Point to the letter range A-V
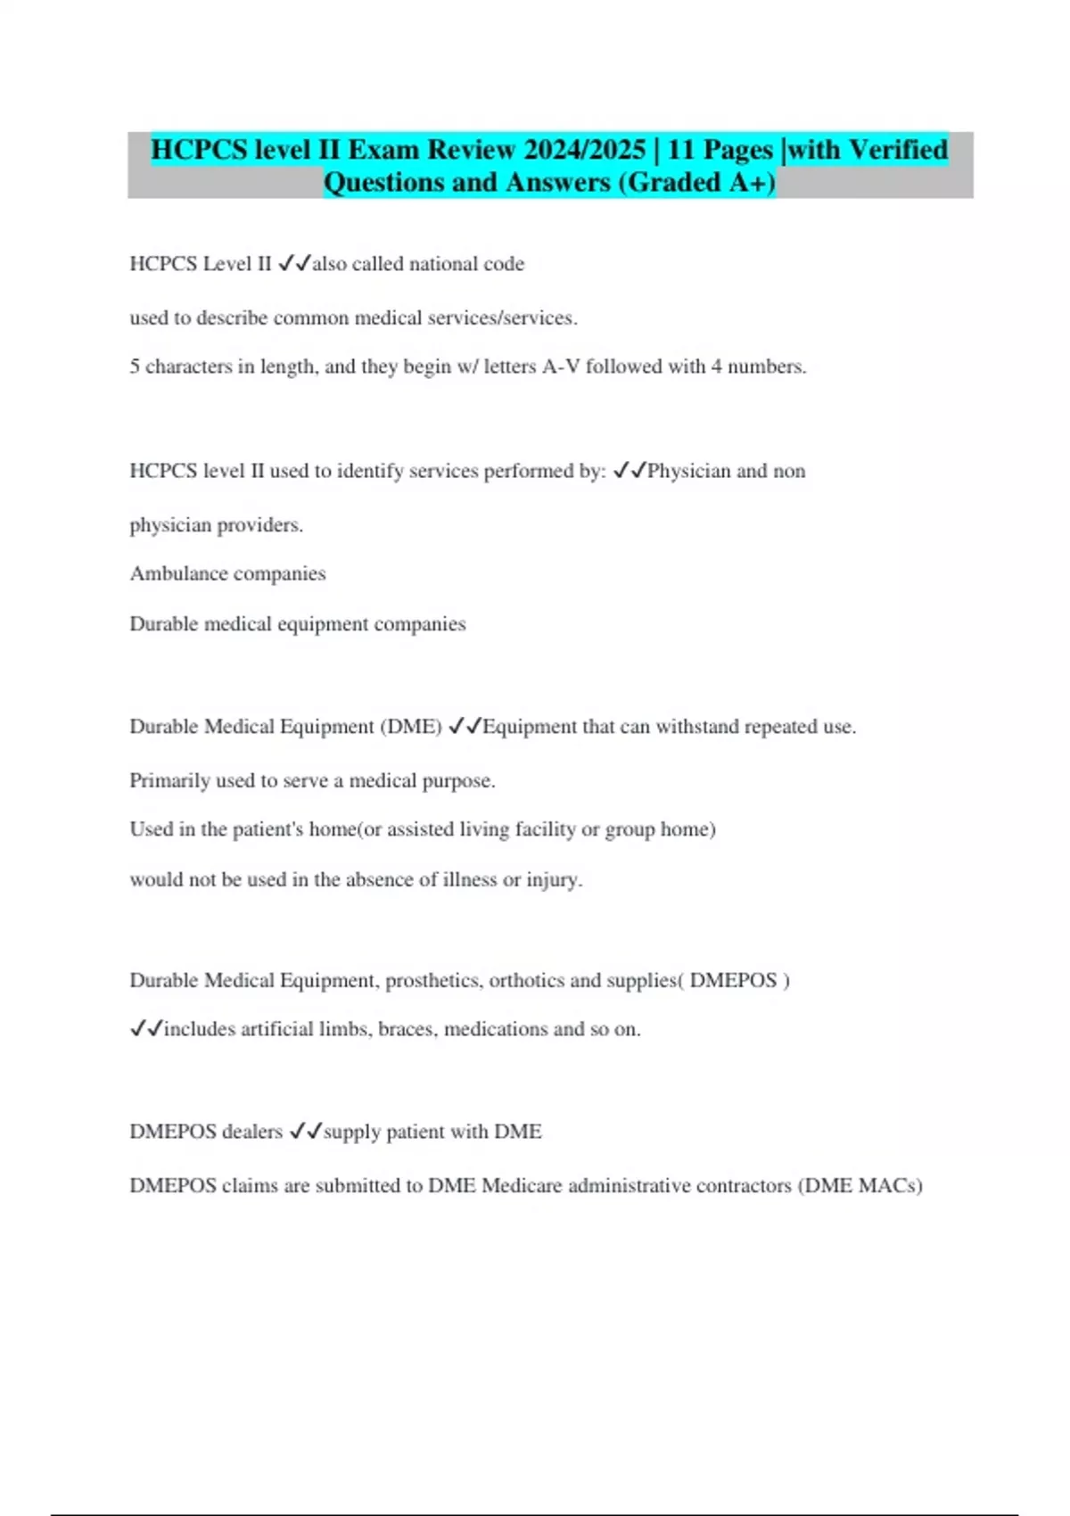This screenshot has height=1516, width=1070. coord(561,367)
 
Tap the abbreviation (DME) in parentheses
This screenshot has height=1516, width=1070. coord(411,727)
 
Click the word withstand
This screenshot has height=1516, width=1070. coord(697,727)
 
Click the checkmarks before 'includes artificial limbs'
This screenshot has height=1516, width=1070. coord(146,1029)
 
